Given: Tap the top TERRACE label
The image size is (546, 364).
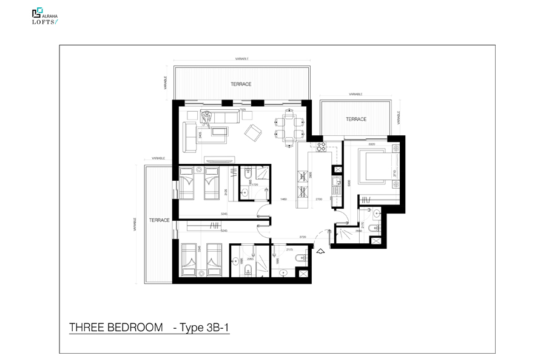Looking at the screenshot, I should point(241,84).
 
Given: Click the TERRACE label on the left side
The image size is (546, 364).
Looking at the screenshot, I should point(159,221).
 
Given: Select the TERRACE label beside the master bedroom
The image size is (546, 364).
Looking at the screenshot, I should point(356,119).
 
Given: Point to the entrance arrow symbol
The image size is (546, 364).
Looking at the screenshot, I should point(321,247).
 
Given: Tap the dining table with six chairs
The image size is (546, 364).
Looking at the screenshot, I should point(290,127).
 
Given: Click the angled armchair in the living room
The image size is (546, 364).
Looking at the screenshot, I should point(253,132).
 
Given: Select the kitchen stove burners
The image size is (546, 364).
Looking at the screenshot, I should point(320,146).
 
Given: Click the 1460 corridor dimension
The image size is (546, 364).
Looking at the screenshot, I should point(283,199).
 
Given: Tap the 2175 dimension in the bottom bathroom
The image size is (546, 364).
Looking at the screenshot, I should point(289,249).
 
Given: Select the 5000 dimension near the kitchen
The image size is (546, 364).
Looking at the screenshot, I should point(348,181).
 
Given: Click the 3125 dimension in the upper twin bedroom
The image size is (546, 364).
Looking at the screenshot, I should point(226,192).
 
